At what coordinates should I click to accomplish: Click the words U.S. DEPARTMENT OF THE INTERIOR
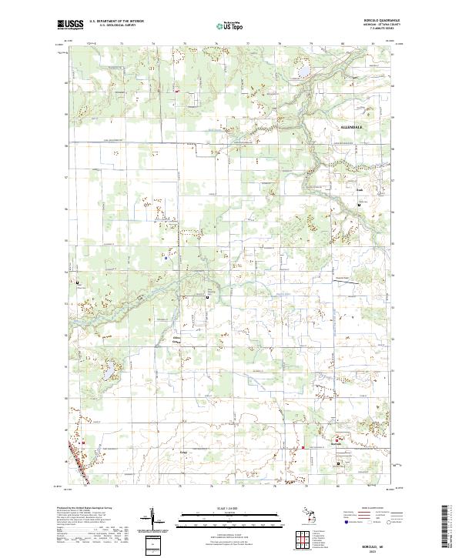(x=116, y=22)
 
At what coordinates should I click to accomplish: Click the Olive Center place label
(x=176, y=339)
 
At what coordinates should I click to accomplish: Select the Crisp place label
(x=183, y=452)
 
